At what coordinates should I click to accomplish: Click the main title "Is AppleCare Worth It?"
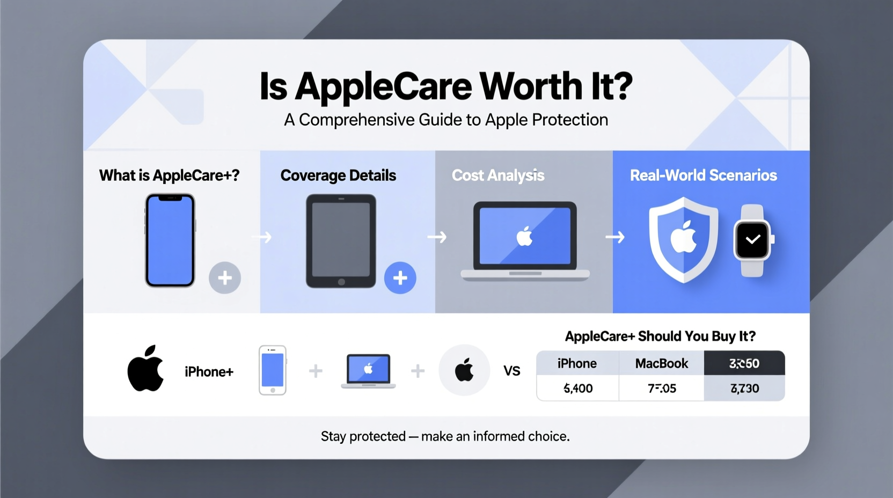(x=446, y=86)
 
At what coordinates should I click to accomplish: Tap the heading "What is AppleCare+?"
(x=169, y=175)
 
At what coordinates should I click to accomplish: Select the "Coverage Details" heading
(x=338, y=175)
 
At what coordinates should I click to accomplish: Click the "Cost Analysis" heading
(x=498, y=175)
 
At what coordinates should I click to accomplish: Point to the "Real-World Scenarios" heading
(x=703, y=175)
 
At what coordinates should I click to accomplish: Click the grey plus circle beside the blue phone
(x=225, y=277)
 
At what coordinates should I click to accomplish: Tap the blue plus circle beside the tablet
(x=400, y=277)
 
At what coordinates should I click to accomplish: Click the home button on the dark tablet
(x=341, y=282)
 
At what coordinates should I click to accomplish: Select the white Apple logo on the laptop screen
(x=524, y=236)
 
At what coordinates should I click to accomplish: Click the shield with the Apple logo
(x=683, y=239)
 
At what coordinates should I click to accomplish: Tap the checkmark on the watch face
(x=752, y=239)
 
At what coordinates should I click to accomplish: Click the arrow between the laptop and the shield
(x=615, y=237)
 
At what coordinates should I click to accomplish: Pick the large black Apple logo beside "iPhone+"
(x=145, y=369)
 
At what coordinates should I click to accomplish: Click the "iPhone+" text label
(x=209, y=372)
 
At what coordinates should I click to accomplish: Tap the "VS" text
(x=511, y=371)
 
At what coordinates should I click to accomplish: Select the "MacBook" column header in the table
(x=661, y=363)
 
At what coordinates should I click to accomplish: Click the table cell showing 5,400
(x=578, y=389)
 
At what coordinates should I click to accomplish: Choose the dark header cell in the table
(x=744, y=363)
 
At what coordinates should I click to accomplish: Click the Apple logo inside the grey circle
(x=464, y=370)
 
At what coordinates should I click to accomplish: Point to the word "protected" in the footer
(x=377, y=436)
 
